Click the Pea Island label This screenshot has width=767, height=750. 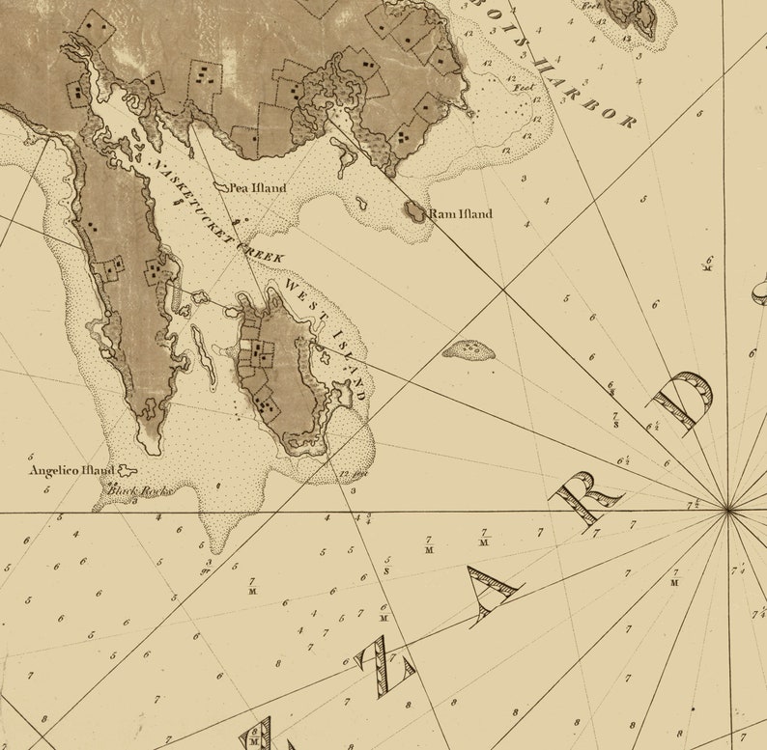260,187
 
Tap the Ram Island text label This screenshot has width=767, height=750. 461,214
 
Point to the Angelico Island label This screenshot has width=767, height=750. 71,471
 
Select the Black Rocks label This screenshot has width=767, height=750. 138,491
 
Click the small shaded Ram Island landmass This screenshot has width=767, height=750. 415,211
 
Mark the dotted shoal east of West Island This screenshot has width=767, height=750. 469,348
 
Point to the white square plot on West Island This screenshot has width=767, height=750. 247,344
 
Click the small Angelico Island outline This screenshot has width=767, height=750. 125,470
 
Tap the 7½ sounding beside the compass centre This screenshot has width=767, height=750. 693,504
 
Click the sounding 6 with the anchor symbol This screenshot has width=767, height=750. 709,263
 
